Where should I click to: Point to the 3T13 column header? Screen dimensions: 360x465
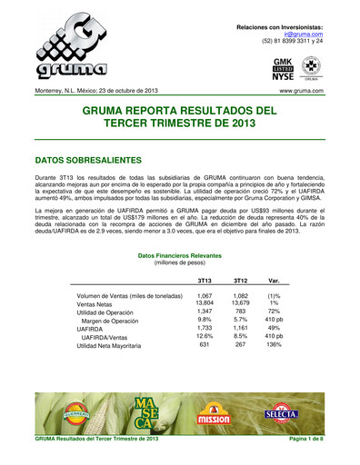click(x=205, y=281)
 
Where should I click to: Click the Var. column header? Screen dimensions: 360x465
click(x=275, y=281)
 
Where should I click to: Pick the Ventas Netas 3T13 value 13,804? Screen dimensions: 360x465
click(x=205, y=302)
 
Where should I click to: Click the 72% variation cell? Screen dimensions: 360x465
click(x=275, y=312)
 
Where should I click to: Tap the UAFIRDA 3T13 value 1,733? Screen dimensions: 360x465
click(x=205, y=328)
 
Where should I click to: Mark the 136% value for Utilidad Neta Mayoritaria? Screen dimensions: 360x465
click(x=275, y=345)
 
